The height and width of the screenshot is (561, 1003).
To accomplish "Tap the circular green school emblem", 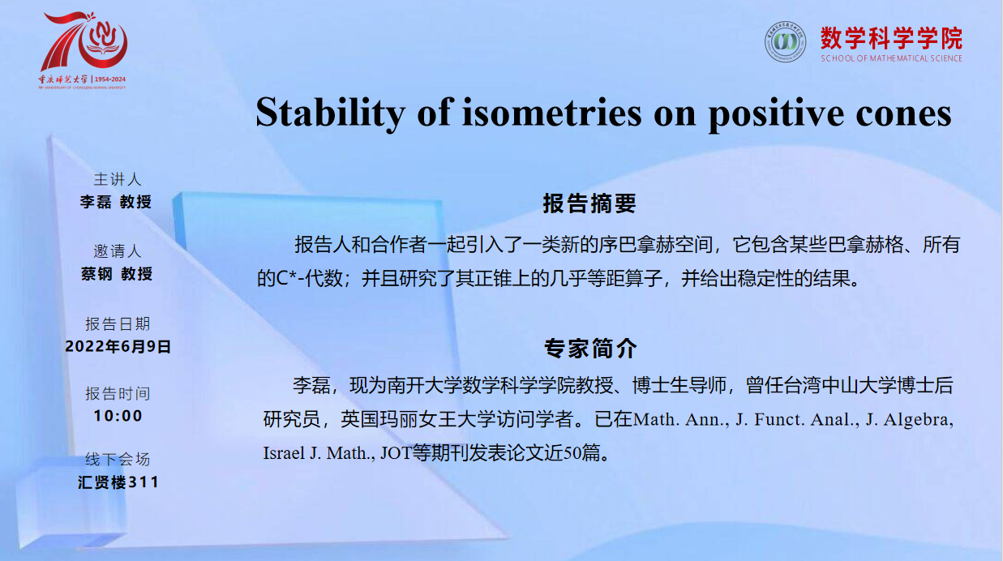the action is [x=785, y=41].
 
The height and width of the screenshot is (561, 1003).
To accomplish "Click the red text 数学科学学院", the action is [x=891, y=38].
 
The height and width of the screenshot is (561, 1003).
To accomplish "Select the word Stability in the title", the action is [x=331, y=113].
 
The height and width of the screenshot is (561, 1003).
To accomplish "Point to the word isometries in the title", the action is [x=552, y=113].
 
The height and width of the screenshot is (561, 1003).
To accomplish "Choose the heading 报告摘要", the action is [x=589, y=203].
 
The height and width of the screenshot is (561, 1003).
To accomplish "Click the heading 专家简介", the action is [x=590, y=349].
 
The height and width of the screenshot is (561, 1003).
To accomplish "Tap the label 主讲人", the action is [x=118, y=179].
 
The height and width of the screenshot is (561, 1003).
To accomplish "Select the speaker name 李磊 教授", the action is [x=116, y=202].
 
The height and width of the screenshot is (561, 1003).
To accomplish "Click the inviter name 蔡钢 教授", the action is [x=117, y=273].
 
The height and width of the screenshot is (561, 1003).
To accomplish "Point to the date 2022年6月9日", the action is [x=118, y=346].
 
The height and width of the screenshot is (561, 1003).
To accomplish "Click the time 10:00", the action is [x=118, y=416].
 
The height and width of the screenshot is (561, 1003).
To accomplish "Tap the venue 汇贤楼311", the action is [x=118, y=482].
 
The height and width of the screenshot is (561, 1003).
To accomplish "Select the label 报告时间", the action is [x=118, y=393].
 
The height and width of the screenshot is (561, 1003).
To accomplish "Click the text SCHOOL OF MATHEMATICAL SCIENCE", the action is [x=891, y=58].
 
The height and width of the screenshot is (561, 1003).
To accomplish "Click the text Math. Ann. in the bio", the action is [x=680, y=420].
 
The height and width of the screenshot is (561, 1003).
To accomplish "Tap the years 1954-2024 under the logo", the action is [x=110, y=79].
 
